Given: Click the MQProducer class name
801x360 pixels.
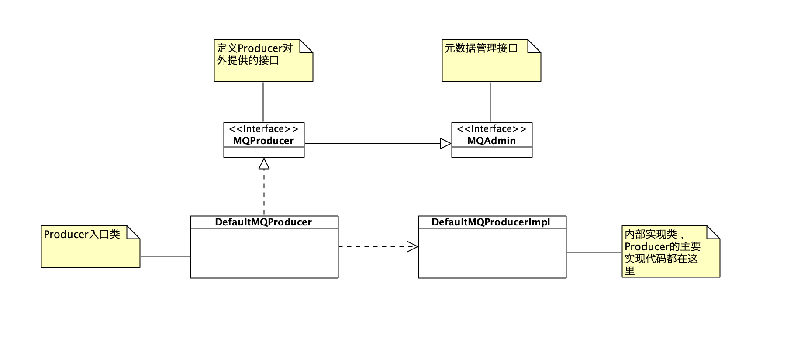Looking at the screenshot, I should (x=263, y=141).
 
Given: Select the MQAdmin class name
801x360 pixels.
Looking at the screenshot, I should (x=491, y=141).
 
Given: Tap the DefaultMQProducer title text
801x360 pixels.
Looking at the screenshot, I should (x=263, y=222).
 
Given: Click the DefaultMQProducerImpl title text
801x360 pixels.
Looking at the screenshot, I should (x=491, y=222).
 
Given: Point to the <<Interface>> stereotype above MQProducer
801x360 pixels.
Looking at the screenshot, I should (x=263, y=129).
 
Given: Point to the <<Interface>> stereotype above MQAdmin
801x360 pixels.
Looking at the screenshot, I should (x=491, y=129).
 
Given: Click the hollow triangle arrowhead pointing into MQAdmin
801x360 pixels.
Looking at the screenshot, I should (x=445, y=143).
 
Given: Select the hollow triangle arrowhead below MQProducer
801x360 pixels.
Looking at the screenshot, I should (x=264, y=164).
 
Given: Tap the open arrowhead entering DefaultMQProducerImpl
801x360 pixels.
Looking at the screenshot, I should (x=413, y=247).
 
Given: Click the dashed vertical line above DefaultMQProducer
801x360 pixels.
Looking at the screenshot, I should (x=264, y=192).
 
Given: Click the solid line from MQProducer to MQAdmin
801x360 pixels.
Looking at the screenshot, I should (x=371, y=143).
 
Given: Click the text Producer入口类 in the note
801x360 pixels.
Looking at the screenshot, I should (x=82, y=235).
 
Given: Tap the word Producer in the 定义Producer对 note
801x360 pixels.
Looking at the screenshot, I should (x=259, y=48).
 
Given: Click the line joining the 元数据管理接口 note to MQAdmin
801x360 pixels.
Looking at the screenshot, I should (x=490, y=101).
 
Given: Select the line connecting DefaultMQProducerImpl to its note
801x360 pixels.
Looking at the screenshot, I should (x=594, y=253).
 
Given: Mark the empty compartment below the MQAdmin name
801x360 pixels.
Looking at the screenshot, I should (x=492, y=152).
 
